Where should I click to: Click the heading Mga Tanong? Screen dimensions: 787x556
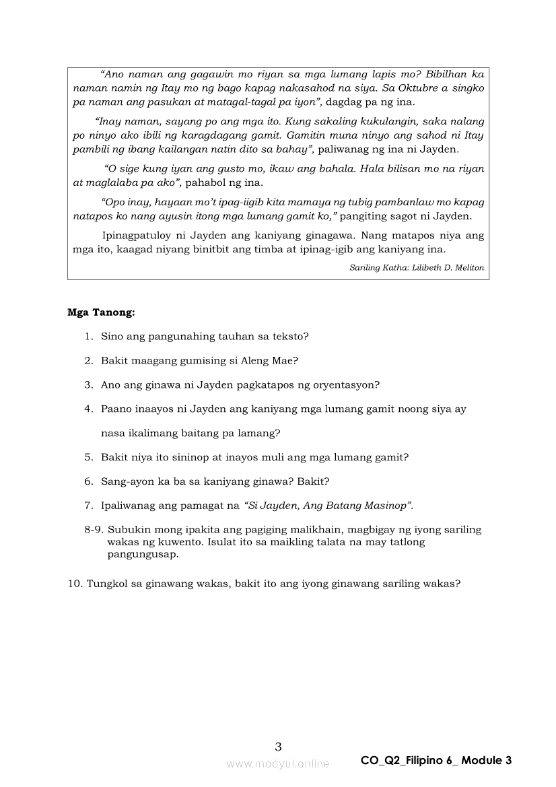[x=101, y=312]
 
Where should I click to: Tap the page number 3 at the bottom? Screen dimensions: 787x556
[x=279, y=746]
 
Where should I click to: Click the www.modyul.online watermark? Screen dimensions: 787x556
[x=278, y=763]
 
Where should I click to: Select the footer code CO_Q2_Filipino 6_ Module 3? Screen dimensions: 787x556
[x=436, y=761]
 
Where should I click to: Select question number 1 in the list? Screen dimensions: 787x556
[x=88, y=336]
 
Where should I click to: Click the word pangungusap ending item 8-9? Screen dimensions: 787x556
[x=143, y=554]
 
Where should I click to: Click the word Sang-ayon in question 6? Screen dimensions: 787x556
[x=125, y=481]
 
